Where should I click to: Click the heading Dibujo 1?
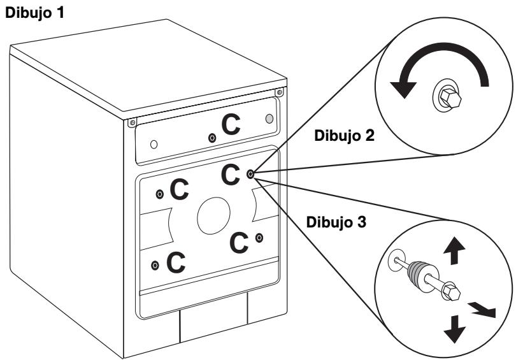(34, 13)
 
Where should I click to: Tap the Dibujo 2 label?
(344, 136)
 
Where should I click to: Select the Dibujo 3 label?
(336, 222)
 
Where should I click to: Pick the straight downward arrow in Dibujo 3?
(454, 329)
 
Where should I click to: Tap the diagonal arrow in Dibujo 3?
(482, 310)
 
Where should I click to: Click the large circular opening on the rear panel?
(213, 216)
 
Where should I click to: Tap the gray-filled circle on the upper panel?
(269, 119)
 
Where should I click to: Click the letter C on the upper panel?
(231, 124)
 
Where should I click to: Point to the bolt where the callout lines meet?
(250, 174)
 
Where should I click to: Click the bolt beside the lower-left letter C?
(155, 265)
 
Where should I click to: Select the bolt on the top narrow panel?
(212, 138)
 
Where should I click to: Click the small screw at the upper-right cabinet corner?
(280, 92)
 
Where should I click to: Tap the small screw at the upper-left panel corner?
(133, 123)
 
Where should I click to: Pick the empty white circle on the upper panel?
(154, 144)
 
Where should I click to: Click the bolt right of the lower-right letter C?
(259, 238)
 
